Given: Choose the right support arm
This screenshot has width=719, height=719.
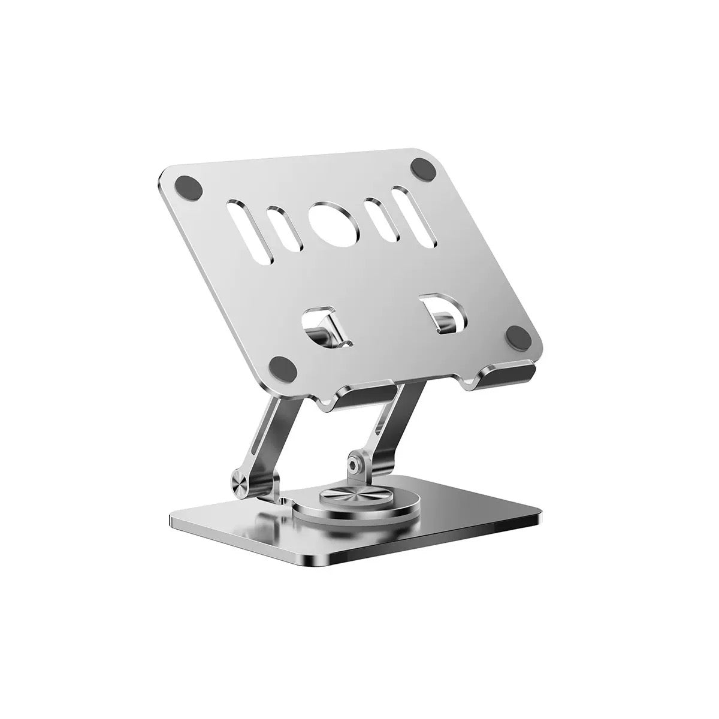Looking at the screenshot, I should [389, 431].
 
